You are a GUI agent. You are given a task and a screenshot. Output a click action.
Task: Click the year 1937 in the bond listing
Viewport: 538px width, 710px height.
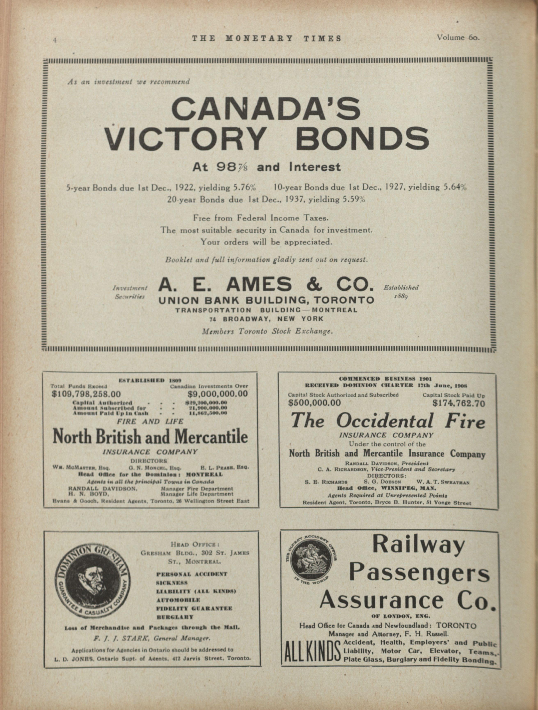(x=294, y=200)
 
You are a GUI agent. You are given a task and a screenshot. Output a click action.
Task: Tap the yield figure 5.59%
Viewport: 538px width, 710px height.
(x=353, y=200)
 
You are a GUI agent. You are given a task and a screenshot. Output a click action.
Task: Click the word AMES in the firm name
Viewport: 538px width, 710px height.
(x=259, y=284)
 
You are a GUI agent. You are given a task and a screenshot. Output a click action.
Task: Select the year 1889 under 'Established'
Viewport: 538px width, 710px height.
(x=401, y=296)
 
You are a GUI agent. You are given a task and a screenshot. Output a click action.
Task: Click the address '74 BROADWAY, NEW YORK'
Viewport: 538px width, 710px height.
(x=266, y=319)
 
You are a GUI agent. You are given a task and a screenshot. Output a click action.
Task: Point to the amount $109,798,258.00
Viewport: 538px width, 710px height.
(x=86, y=394)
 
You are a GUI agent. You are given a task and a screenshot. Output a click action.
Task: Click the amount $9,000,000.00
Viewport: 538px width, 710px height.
(x=217, y=394)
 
